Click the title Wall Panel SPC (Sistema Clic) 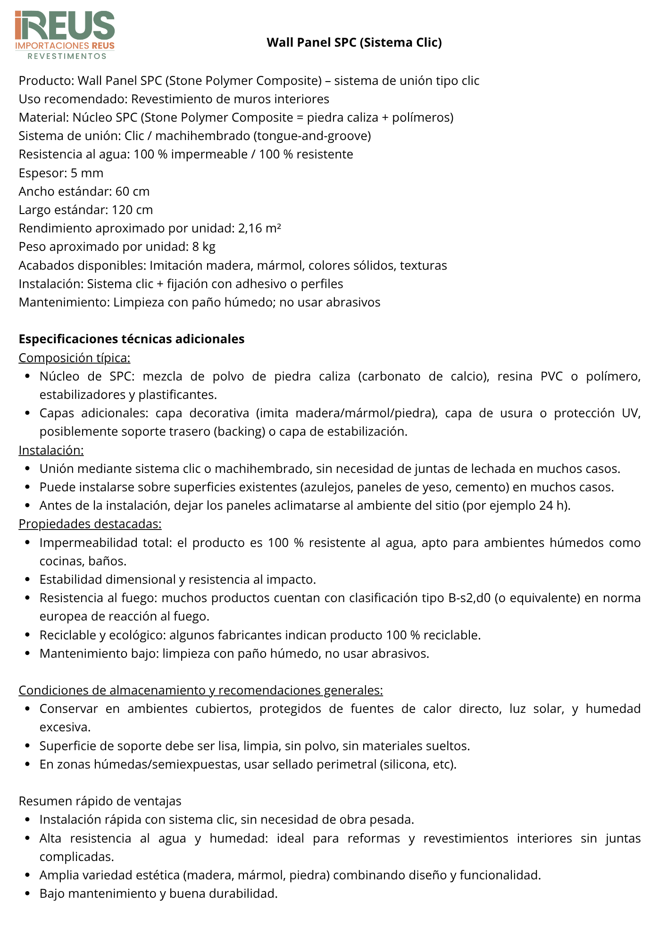[354, 42]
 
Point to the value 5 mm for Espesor [87, 173]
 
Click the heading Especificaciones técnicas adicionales [132, 339]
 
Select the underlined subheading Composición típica [75, 358]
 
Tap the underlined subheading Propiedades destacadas [90, 524]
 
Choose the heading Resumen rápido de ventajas [100, 801]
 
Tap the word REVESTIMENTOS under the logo [67, 56]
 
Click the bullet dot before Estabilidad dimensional [28, 579]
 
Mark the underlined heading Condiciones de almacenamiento [200, 690]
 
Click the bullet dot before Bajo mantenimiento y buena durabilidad [28, 893]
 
